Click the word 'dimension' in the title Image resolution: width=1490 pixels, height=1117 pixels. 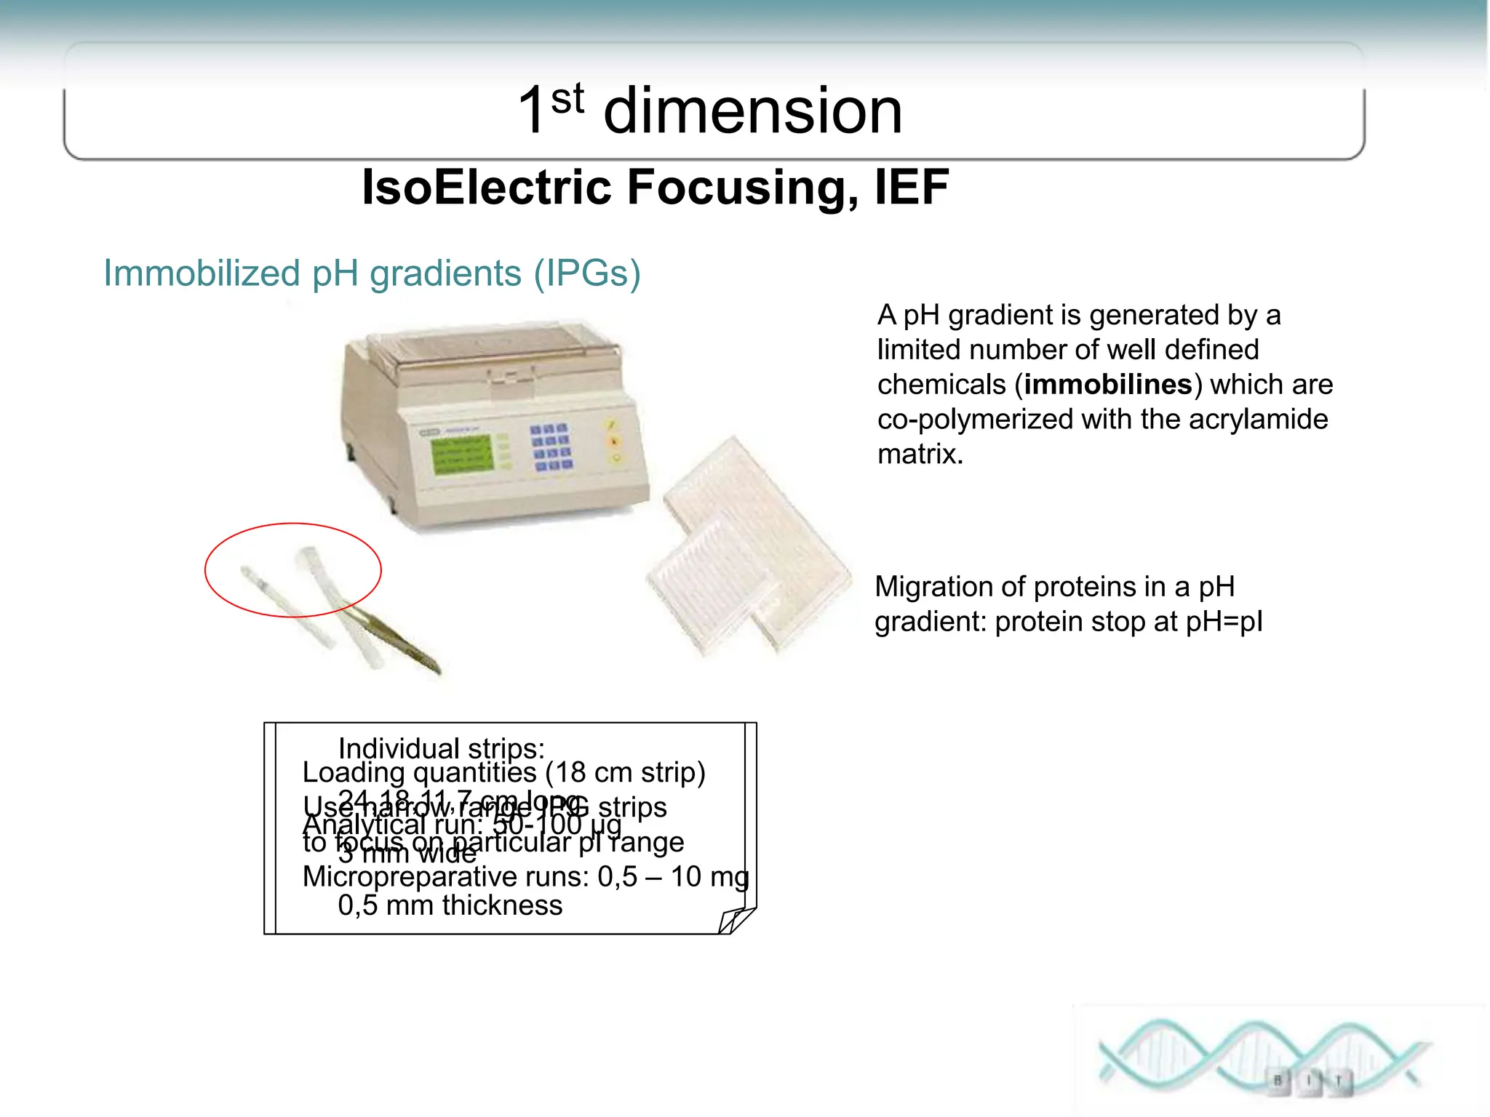753,111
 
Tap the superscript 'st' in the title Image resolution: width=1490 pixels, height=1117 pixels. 567,99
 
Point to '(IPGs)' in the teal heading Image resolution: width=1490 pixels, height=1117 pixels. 587,273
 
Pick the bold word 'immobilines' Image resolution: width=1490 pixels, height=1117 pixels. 1107,384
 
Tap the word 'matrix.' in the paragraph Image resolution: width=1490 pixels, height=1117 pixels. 920,454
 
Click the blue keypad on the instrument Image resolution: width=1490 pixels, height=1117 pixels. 551,447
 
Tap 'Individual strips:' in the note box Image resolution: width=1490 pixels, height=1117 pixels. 441,748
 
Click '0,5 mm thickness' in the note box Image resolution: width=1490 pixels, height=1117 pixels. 450,905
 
